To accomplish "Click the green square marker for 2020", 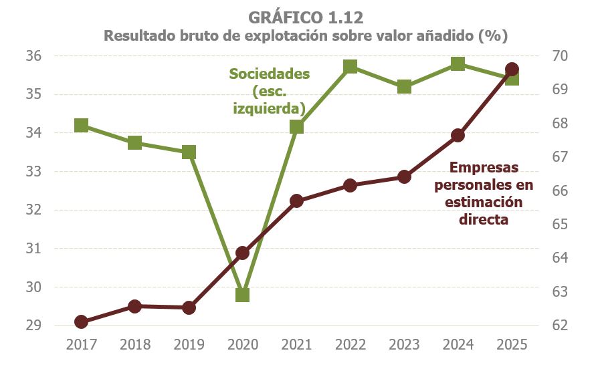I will [x=242, y=295].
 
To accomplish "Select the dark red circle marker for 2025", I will [x=512, y=69].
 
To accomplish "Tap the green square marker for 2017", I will [x=82, y=126].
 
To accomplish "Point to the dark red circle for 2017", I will [x=82, y=322].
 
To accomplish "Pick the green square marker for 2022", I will [x=350, y=66].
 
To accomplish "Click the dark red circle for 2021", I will [x=296, y=201].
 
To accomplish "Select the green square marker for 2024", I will [x=458, y=64].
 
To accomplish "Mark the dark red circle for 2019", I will [x=189, y=307].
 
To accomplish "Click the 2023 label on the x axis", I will [x=404, y=345].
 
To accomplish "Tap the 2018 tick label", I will [x=135, y=345].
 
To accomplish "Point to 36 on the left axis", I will [x=34, y=56].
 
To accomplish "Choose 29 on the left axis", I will [x=34, y=326].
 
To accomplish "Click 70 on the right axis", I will [x=560, y=56].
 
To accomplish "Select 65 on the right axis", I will [x=560, y=225].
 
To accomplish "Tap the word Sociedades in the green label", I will [x=270, y=74].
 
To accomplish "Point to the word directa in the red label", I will [x=484, y=219].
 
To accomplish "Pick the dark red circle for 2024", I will [x=458, y=135].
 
